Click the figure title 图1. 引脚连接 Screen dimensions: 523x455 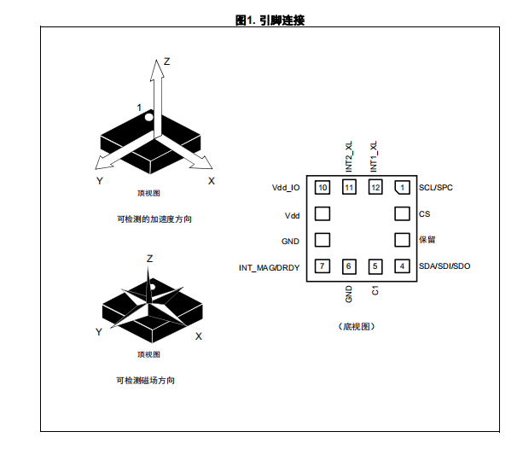coord(270,20)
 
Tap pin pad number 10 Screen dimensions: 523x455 coord(323,187)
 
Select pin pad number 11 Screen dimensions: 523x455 coord(349,187)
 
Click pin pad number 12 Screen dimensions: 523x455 coord(375,187)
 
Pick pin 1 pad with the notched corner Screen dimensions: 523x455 coord(402,187)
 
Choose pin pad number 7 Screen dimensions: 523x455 coord(323,266)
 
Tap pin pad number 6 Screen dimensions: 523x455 coord(349,266)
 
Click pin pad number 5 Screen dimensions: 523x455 coord(375,266)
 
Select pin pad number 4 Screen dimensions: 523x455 coord(402,266)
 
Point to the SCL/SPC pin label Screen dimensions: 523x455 coord(436,188)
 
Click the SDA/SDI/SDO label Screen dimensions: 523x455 coord(445,266)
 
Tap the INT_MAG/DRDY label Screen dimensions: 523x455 coord(269,268)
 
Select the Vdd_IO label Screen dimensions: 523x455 coord(286,188)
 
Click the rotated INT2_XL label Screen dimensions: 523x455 coord(349,156)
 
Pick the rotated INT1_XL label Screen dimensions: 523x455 coord(374,156)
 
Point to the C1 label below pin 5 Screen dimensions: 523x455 coord(375,290)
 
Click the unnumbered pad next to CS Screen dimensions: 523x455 coord(402,213)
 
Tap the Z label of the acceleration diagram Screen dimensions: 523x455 coord(166,61)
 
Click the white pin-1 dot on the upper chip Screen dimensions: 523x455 coord(148,117)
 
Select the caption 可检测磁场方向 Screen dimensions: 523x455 coord(145,381)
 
